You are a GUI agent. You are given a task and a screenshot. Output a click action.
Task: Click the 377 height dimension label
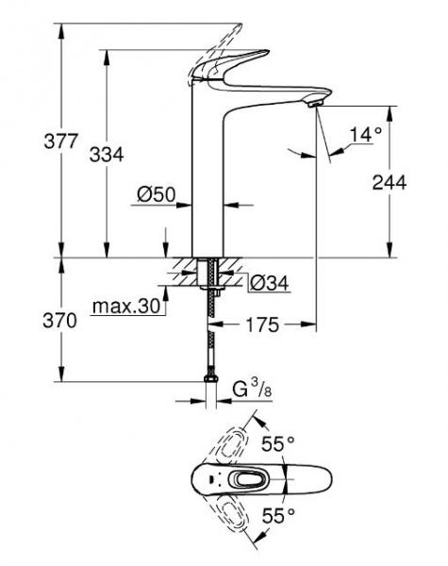(x=29, y=141)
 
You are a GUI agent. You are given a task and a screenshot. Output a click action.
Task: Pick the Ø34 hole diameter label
(x=270, y=280)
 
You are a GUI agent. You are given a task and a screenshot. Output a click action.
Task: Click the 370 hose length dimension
(x=29, y=321)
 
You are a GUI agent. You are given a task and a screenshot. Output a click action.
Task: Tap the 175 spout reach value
(x=263, y=325)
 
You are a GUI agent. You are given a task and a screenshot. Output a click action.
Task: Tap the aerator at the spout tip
(x=313, y=108)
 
